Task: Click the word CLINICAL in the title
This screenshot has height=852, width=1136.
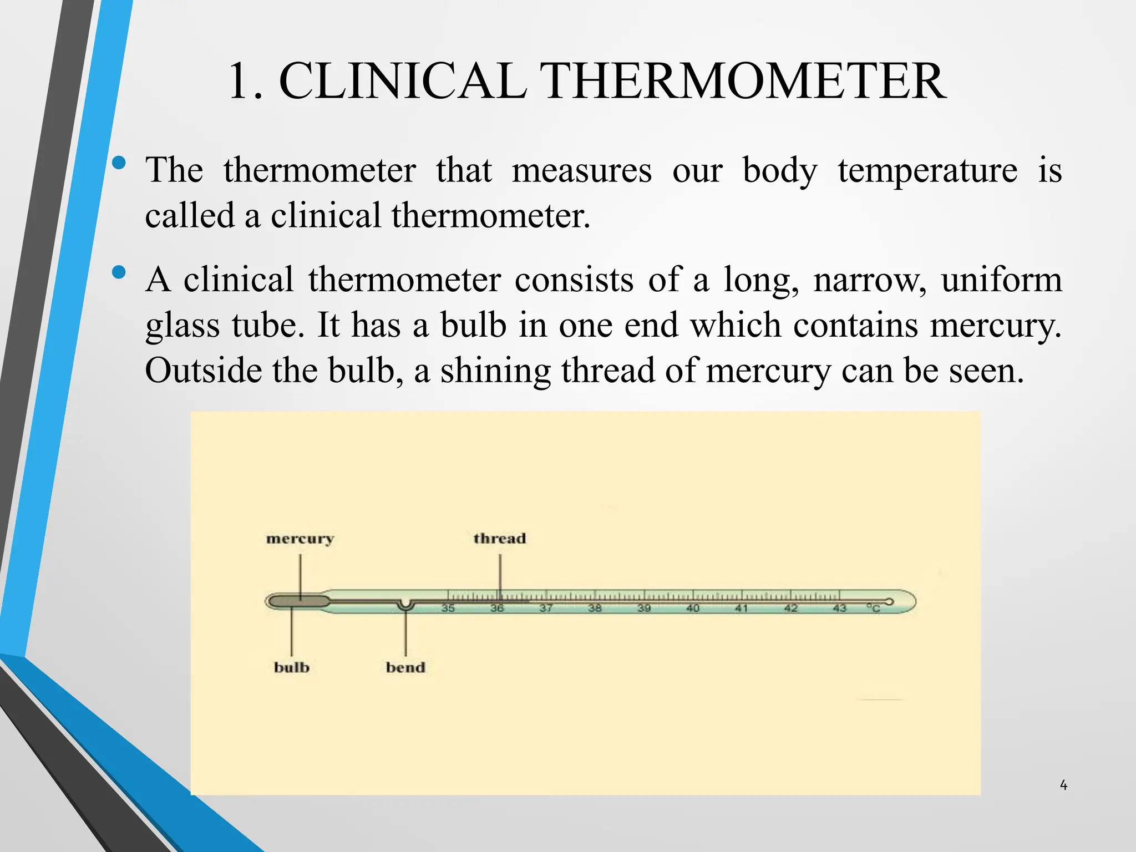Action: pos(402,82)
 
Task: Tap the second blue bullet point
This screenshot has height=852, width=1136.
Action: pos(118,272)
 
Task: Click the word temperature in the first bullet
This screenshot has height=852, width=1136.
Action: pos(927,170)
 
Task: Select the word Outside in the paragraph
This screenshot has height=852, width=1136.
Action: pos(203,370)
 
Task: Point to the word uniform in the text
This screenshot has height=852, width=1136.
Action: pos(1001,279)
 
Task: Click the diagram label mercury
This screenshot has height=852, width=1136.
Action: pos(300,539)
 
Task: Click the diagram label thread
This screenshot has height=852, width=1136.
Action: pos(499,538)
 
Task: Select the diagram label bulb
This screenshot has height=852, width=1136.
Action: pos(291,667)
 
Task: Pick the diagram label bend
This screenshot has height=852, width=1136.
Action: pos(405,667)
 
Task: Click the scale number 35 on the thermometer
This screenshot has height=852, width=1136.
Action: pos(448,608)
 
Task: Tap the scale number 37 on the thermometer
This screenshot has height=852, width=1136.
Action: pos(546,608)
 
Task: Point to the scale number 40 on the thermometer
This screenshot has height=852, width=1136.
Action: pos(693,608)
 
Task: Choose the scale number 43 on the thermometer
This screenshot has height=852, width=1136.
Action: pos(839,608)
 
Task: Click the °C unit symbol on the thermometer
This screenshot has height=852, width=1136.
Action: pos(874,608)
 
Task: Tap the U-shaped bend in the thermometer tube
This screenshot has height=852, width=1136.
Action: pos(405,605)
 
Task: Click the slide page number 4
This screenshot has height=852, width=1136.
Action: pos(1063,785)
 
